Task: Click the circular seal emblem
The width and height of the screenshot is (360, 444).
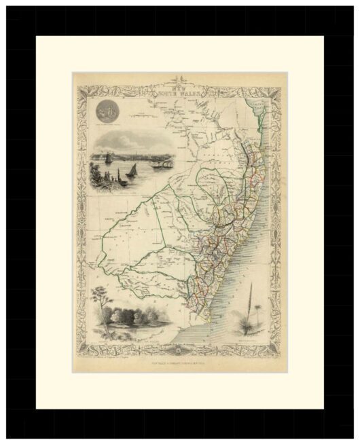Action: (x=109, y=109)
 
